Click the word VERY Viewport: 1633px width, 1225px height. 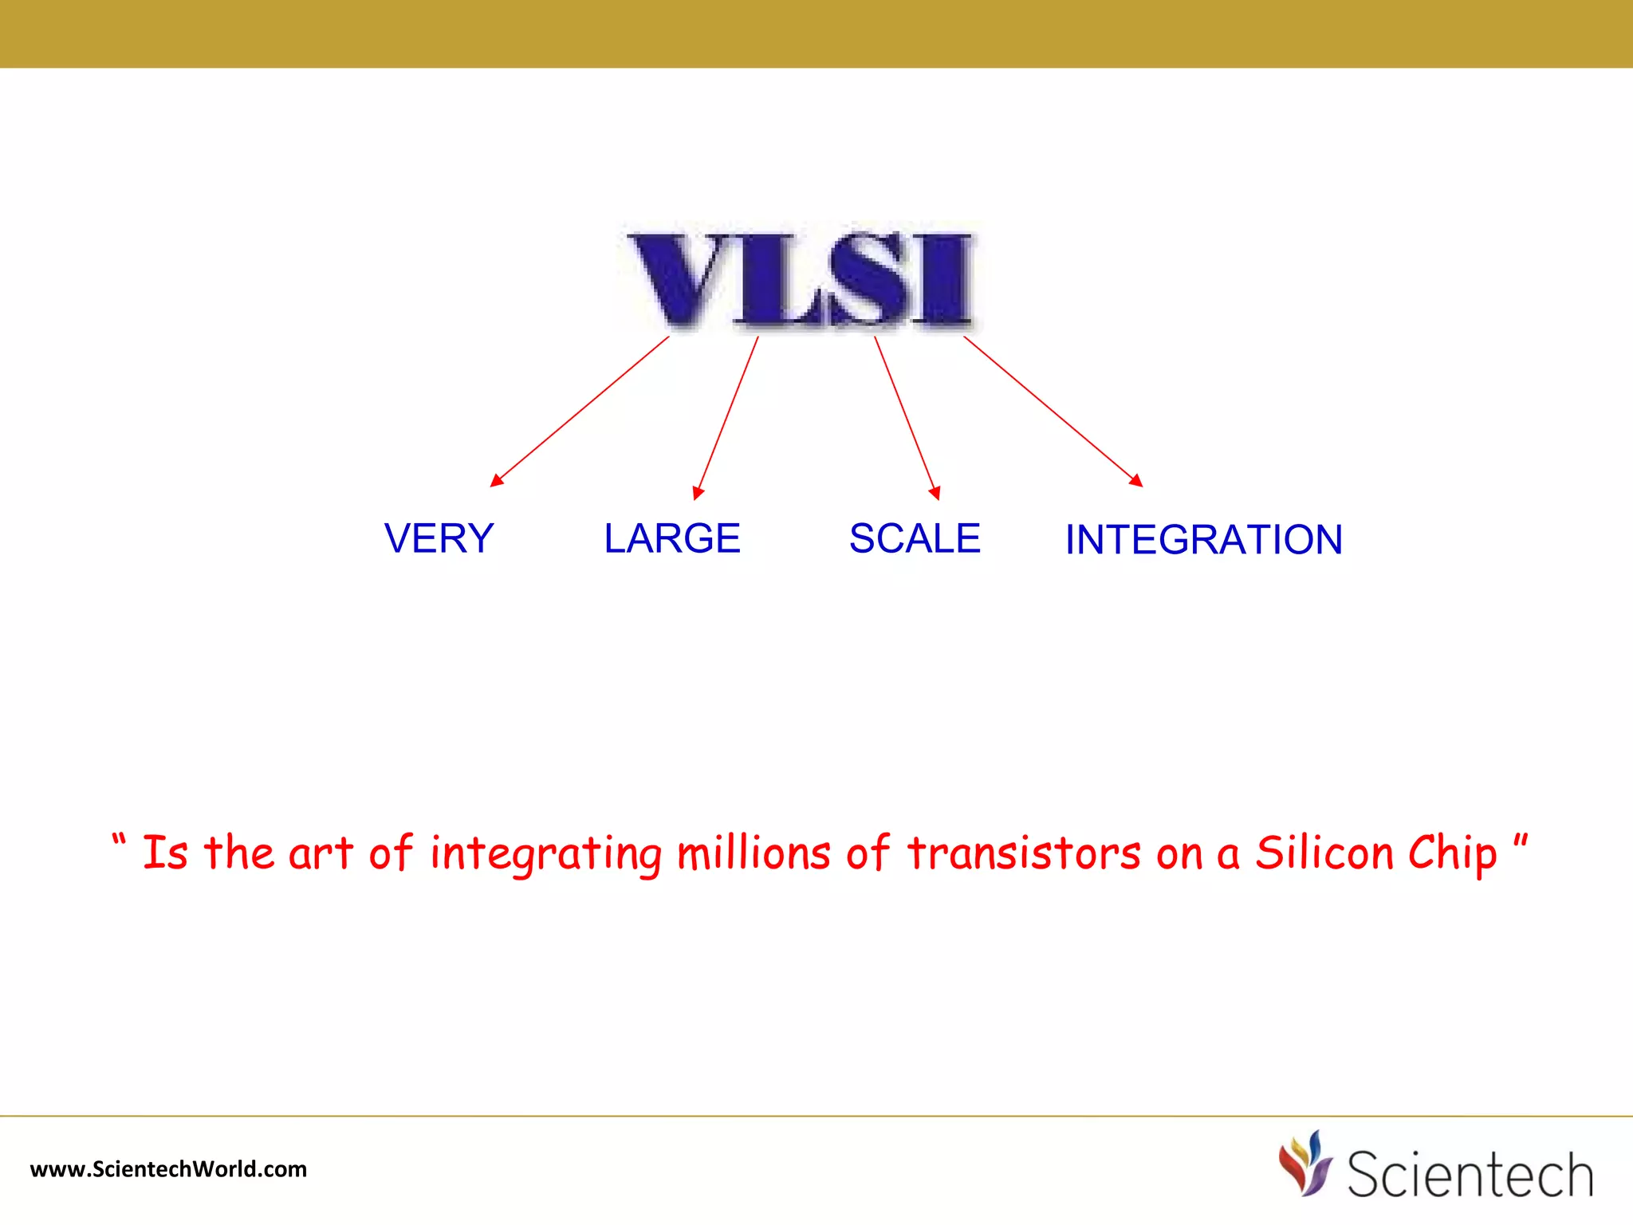coord(439,538)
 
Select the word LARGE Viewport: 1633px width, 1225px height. coord(671,538)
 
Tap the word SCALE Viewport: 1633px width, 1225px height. coord(915,538)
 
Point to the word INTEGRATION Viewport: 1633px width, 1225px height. coord(1203,540)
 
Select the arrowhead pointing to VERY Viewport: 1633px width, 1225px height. coord(496,480)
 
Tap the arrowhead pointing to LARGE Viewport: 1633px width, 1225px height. coord(698,493)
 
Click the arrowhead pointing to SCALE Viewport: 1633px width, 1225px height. coord(935,493)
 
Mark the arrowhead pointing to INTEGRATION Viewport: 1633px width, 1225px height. coord(1137,480)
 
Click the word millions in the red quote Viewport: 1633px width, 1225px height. coord(754,853)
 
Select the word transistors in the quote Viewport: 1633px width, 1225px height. coord(1024,853)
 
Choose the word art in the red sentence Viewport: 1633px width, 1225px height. coord(320,853)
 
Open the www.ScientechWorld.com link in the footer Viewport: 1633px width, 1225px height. coord(168,1169)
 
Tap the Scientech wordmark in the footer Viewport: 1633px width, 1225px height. coord(1470,1174)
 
